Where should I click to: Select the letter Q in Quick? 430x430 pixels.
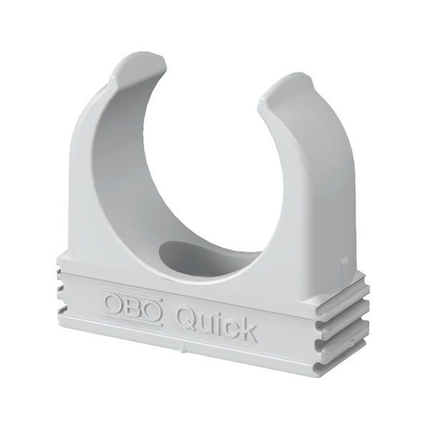[x=186, y=316]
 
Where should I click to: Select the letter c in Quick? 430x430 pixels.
[x=230, y=327]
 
